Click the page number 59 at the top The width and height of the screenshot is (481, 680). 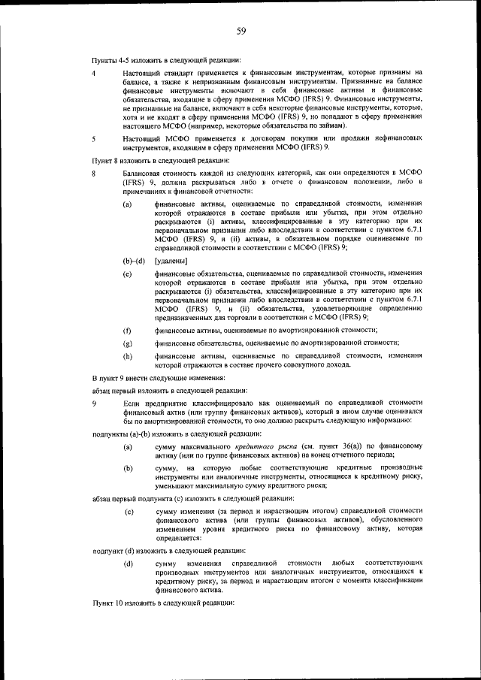(241, 31)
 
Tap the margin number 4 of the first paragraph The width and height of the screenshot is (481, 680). (94, 73)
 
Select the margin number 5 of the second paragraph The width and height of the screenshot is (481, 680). (94, 139)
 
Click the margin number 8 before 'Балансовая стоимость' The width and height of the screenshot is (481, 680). (94, 174)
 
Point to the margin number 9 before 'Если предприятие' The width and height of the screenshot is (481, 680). (94, 403)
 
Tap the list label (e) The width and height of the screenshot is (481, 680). (128, 276)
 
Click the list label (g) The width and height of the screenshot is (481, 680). (128, 343)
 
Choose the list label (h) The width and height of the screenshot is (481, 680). (128, 355)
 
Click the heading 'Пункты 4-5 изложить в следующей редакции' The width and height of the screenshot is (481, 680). (166, 59)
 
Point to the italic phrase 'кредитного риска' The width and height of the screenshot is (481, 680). (272, 446)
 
